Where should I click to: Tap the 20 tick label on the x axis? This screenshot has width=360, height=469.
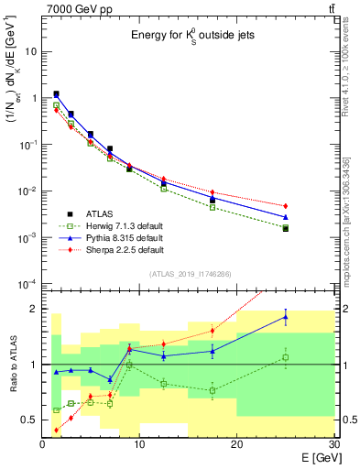(x=236, y=443)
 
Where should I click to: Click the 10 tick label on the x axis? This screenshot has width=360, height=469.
(x=139, y=443)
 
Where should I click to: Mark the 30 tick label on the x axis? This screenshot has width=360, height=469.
(x=333, y=443)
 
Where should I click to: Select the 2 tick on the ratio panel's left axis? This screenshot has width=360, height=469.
(x=35, y=309)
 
